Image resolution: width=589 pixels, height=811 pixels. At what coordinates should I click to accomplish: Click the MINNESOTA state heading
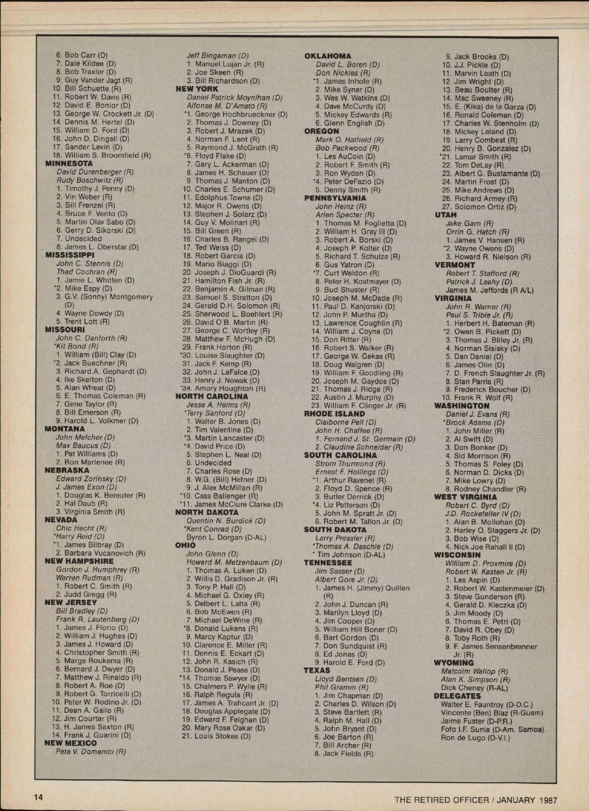pyautogui.click(x=69, y=163)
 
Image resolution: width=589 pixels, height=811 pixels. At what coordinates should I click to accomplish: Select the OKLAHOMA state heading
pyautogui.click(x=327, y=56)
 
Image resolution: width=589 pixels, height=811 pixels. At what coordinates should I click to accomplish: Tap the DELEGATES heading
pyautogui.click(x=457, y=696)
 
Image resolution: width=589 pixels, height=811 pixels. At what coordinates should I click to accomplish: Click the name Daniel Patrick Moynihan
pyautogui.click(x=234, y=98)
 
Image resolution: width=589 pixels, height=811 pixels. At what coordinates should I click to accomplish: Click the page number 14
pyautogui.click(x=38, y=797)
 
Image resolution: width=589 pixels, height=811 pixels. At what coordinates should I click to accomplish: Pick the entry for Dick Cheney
pyautogui.click(x=474, y=688)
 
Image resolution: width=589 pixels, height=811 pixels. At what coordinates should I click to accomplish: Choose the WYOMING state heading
pyautogui.click(x=454, y=663)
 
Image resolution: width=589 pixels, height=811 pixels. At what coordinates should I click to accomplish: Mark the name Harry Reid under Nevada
pyautogui.click(x=80, y=537)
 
